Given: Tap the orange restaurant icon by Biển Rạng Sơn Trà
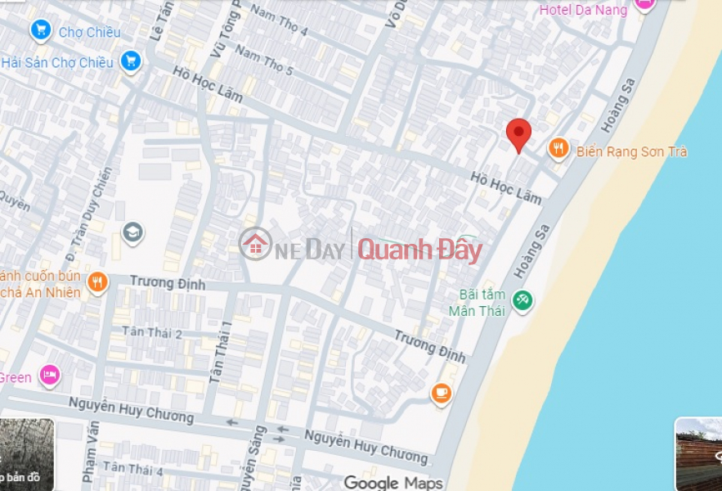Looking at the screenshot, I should pyautogui.click(x=558, y=148).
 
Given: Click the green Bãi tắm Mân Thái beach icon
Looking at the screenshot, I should pyautogui.click(x=522, y=301).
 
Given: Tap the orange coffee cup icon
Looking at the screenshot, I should pyautogui.click(x=442, y=394).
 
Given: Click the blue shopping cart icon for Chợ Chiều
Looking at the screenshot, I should pyautogui.click(x=40, y=31).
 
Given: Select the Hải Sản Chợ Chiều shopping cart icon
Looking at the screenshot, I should pyautogui.click(x=129, y=61).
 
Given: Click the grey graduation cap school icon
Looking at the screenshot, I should pyautogui.click(x=132, y=233).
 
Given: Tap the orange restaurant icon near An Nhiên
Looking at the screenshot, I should pyautogui.click(x=97, y=282).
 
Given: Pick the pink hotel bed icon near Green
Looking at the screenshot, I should pyautogui.click(x=50, y=376).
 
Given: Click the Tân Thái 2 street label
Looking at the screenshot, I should pyautogui.click(x=152, y=332).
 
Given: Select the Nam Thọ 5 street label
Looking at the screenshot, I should pyautogui.click(x=264, y=60).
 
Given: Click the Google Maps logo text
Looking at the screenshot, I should pyautogui.click(x=393, y=483).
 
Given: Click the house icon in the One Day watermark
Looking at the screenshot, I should pyautogui.click(x=256, y=244).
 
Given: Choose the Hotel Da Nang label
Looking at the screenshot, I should pyautogui.click(x=583, y=10).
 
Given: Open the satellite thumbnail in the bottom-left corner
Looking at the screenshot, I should pyautogui.click(x=26, y=455).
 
